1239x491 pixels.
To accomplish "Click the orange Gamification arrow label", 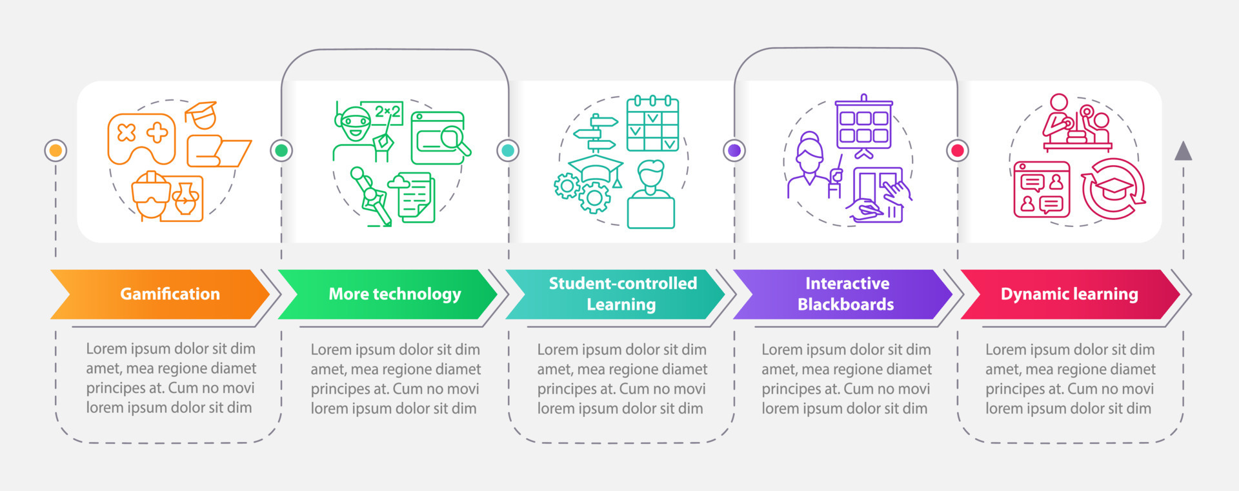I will tap(169, 294).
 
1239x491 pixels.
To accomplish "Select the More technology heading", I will tap(394, 294).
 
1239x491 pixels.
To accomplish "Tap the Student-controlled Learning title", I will tap(622, 294).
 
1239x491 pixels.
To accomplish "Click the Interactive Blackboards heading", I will tap(846, 294).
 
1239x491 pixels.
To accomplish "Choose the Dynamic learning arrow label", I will tap(1069, 294).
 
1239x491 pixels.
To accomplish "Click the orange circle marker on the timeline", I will tap(55, 150).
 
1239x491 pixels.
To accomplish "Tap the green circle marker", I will tap(281, 150).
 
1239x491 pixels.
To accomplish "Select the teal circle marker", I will tap(508, 150).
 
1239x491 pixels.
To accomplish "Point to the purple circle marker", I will tap(734, 150).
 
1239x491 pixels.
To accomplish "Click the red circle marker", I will tap(958, 150).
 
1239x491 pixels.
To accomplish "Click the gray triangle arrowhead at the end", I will tap(1183, 152).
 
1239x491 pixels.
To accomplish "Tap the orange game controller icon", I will tap(141, 137).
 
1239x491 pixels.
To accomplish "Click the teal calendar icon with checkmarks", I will tap(652, 124).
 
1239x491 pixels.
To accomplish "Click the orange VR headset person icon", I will tap(150, 195).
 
